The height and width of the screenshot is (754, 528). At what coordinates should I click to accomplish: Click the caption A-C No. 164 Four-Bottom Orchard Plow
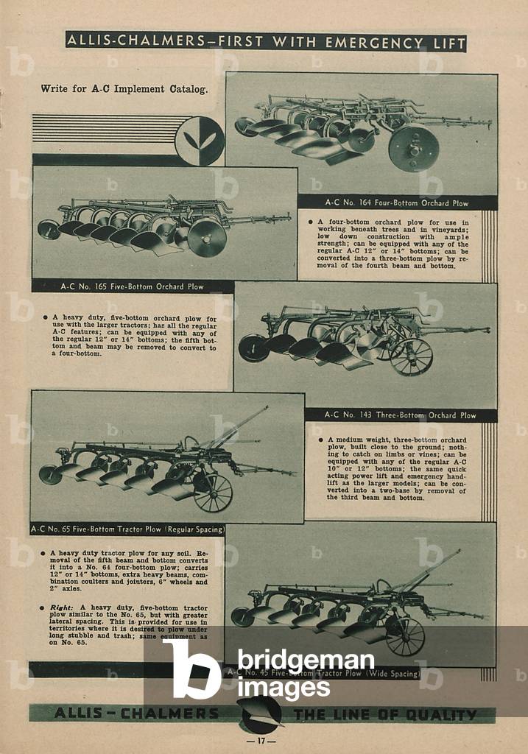[x=397, y=202]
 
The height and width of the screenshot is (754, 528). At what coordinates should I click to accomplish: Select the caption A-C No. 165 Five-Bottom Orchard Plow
[x=132, y=286]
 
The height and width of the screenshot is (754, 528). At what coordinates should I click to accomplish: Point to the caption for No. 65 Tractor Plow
[x=127, y=529]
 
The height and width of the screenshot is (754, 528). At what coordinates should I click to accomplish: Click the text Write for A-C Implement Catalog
[x=124, y=89]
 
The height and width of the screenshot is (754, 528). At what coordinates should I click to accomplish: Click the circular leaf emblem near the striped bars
[x=199, y=141]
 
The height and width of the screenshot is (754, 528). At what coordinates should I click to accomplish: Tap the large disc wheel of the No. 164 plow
[x=413, y=148]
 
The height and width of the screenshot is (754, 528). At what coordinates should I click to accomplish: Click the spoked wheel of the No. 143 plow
[x=411, y=356]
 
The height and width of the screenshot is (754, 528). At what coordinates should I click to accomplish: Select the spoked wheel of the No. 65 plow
[x=213, y=493]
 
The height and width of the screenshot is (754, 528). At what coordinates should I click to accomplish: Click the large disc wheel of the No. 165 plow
[x=206, y=237]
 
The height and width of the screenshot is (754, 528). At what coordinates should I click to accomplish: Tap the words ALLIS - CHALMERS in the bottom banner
[x=136, y=714]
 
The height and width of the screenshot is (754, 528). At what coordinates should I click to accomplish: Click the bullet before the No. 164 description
[x=310, y=221]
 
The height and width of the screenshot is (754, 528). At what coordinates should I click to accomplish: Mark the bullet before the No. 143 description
[x=320, y=440]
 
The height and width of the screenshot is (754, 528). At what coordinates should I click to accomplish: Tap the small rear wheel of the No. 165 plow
[x=49, y=229]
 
